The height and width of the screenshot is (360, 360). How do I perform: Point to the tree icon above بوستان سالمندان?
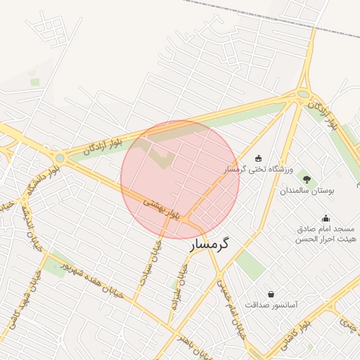click(x=305, y=179)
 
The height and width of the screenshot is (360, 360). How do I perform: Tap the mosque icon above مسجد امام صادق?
click(x=325, y=217)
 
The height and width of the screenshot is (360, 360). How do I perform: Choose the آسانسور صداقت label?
click(x=271, y=305)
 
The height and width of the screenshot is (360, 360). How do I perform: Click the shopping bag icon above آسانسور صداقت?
click(x=271, y=293)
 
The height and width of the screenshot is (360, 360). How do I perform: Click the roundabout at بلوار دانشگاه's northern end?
click(x=59, y=158)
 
